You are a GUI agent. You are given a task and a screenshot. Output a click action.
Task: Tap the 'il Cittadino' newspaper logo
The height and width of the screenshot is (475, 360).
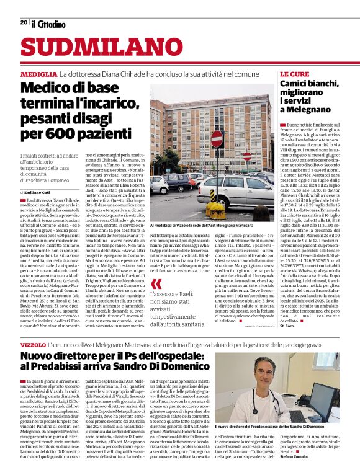48,24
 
